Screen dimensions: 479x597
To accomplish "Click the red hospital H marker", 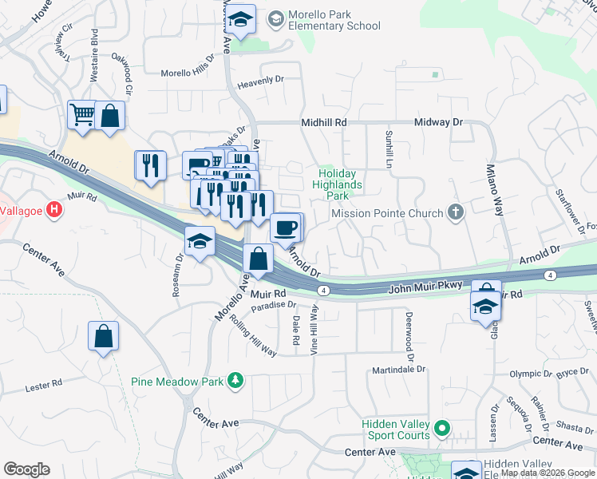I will pyautogui.click(x=53, y=211).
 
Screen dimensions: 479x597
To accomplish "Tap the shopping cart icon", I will pyautogui.click(x=82, y=116).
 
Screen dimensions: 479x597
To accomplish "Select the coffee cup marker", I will pyautogui.click(x=286, y=228).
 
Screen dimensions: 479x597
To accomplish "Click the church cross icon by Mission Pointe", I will pyautogui.click(x=456, y=212).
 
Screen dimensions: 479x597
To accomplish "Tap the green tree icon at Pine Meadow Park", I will pyautogui.click(x=235, y=381).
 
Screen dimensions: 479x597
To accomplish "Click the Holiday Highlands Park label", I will pyautogui.click(x=341, y=184).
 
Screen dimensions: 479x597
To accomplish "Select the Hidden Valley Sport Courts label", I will pyautogui.click(x=396, y=430).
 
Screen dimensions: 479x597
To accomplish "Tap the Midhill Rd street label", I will pyautogui.click(x=324, y=122).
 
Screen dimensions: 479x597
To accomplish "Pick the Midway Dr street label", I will pyautogui.click(x=438, y=122).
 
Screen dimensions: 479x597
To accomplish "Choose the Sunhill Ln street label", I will pyautogui.click(x=389, y=148).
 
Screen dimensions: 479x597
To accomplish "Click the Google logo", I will pyautogui.click(x=27, y=469).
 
